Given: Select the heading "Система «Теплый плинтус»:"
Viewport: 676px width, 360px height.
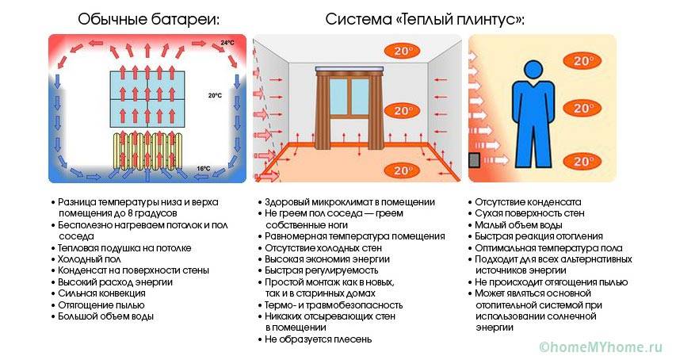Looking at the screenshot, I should [425, 19].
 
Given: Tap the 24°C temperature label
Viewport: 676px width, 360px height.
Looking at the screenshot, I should [227, 42].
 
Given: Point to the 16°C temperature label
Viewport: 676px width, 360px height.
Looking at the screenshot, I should [204, 168].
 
